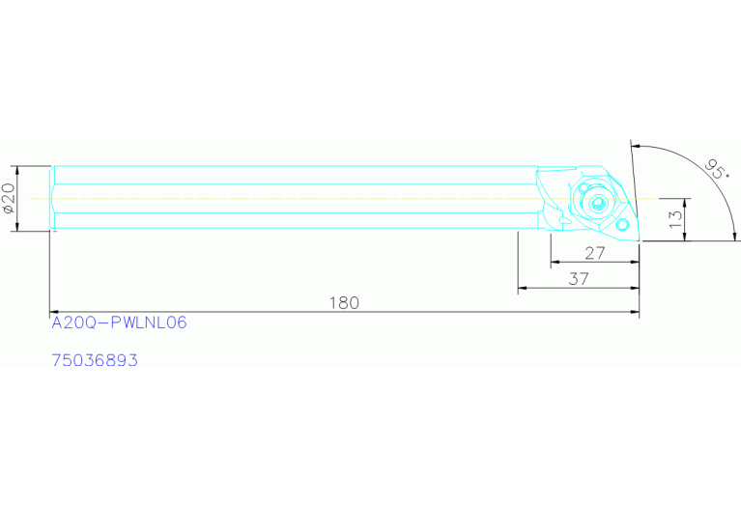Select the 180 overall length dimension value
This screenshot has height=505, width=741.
[x=343, y=302]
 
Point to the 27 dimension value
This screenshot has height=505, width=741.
[x=594, y=254]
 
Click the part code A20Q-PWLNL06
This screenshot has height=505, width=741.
[x=118, y=323]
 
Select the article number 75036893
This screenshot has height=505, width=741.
[x=94, y=360]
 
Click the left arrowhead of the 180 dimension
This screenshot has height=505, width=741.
[x=54, y=312]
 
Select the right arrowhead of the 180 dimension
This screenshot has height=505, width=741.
[x=635, y=312]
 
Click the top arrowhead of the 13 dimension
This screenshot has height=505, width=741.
[x=686, y=202]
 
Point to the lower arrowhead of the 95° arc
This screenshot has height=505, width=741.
[x=735, y=237]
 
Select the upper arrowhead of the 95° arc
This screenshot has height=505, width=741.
[x=637, y=146]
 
